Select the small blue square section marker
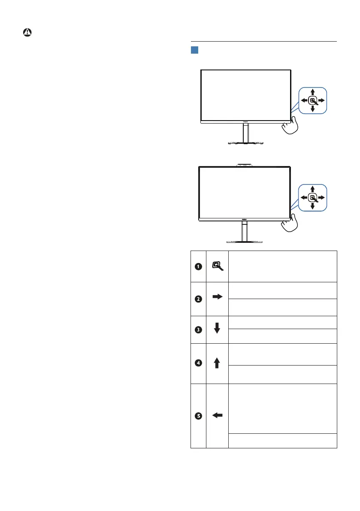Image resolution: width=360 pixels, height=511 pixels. coord(194,51)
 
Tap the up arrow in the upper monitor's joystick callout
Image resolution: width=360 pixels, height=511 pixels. coord(313,92)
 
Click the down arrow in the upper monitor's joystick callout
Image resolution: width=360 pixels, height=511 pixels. coord(313,109)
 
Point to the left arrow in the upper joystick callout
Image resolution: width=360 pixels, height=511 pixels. coord(304,100)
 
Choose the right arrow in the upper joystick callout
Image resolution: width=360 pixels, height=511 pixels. coord(322,100)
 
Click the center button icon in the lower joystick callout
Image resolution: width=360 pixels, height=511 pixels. coord(313,197)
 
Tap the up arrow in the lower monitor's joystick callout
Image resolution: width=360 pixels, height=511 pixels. coord(313,189)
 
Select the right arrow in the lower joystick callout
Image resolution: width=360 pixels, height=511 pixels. coord(322,197)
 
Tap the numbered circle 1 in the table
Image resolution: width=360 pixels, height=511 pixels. coord(198,266)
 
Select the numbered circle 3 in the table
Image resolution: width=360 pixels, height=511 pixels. coord(198,330)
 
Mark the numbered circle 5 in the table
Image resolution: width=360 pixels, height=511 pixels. coord(198,415)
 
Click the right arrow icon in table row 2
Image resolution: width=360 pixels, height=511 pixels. coord(217,296)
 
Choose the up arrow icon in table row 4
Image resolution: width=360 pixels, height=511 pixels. coord(217,363)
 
